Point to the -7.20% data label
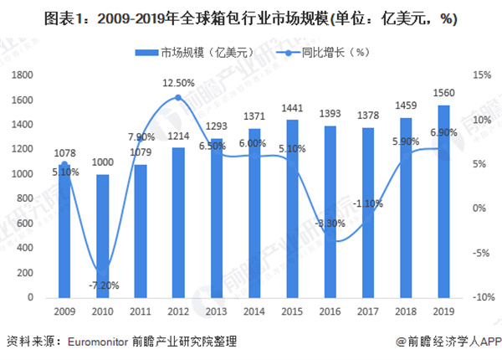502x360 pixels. pos(103,285)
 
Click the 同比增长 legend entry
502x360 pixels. pos(322,53)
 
